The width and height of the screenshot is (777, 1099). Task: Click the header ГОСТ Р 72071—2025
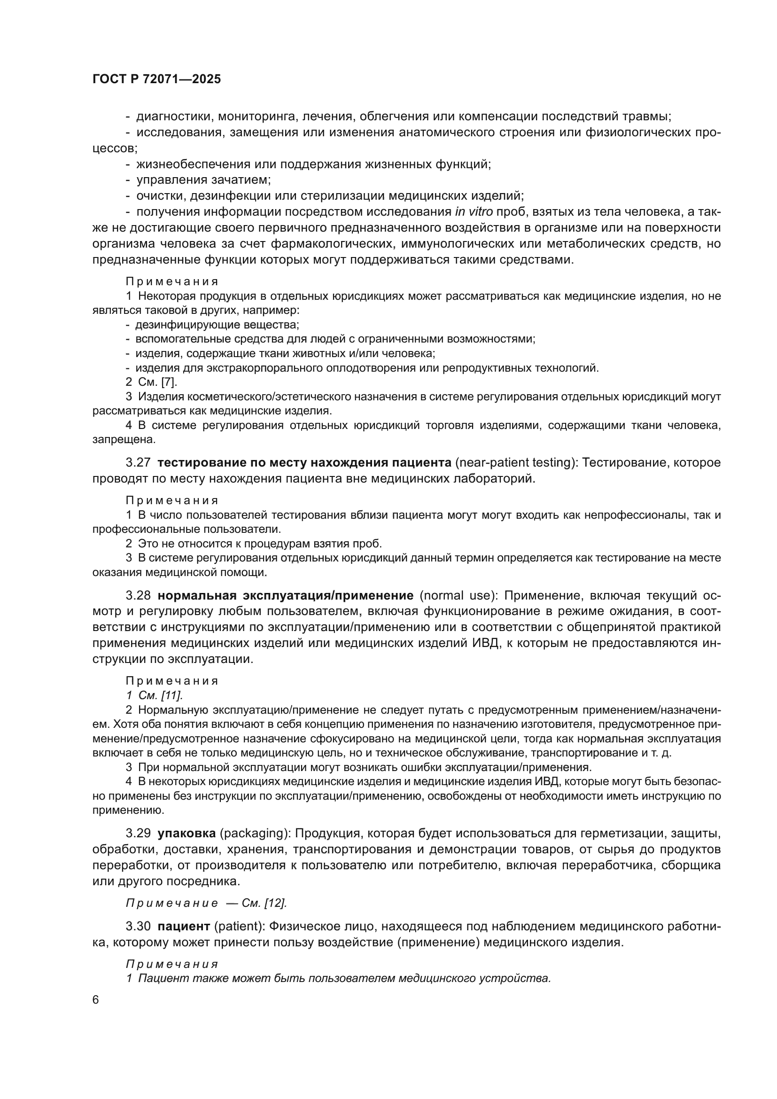pyautogui.click(x=156, y=79)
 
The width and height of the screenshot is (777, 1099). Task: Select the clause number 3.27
pyautogui.click(x=138, y=463)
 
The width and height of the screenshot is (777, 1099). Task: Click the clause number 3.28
pyautogui.click(x=138, y=595)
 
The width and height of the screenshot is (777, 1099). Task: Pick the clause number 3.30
pyautogui.click(x=138, y=926)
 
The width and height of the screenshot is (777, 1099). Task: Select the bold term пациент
pyautogui.click(x=184, y=926)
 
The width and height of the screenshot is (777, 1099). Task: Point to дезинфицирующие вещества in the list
pyautogui.click(x=217, y=325)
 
